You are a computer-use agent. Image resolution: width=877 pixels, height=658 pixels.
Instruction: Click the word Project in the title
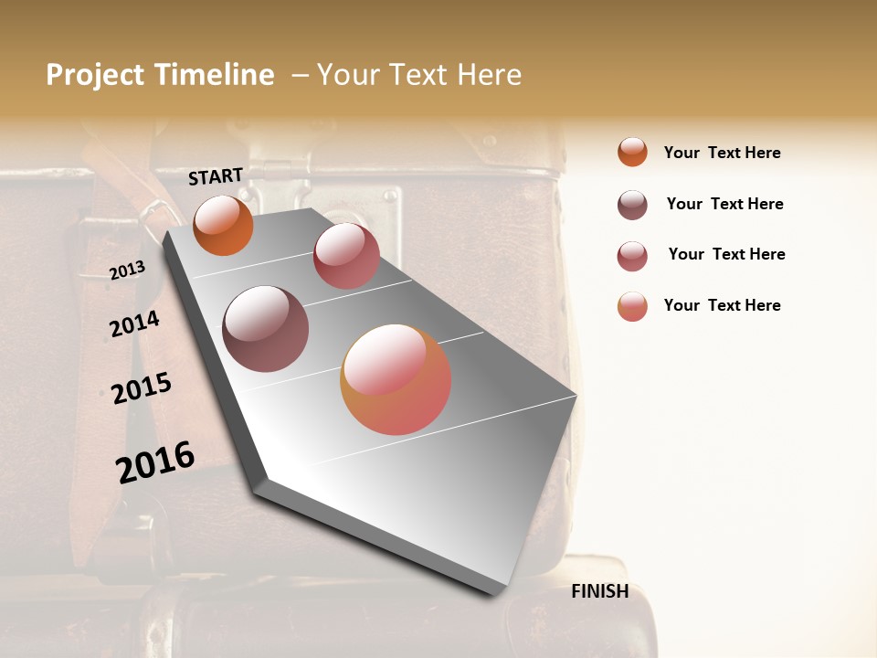click(x=93, y=76)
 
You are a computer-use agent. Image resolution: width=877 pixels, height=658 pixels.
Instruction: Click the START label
click(x=216, y=176)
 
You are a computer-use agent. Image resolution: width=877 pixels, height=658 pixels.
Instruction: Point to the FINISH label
click(x=600, y=591)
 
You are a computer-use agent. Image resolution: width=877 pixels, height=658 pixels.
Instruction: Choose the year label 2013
click(x=127, y=270)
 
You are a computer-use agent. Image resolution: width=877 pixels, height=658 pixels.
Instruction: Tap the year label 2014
click(x=134, y=324)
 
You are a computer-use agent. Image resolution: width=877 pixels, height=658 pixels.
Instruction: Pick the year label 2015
click(x=142, y=388)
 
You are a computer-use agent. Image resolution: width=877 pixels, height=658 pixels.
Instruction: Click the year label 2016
click(x=155, y=462)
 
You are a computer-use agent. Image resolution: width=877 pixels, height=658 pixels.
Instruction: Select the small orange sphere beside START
click(x=223, y=225)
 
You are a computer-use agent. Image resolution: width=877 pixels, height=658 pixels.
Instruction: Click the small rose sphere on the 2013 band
click(x=346, y=255)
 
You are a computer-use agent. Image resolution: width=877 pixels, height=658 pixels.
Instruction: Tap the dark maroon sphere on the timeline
click(x=265, y=328)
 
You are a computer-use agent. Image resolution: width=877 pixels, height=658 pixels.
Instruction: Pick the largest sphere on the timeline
click(x=396, y=379)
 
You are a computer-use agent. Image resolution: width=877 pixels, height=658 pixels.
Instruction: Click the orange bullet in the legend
click(x=632, y=153)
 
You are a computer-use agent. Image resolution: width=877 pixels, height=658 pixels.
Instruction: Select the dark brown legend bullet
click(x=632, y=205)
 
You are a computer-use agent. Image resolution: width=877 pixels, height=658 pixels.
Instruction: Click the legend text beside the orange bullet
click(x=722, y=153)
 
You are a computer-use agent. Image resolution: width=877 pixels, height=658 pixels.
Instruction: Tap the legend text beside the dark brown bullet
click(x=724, y=204)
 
